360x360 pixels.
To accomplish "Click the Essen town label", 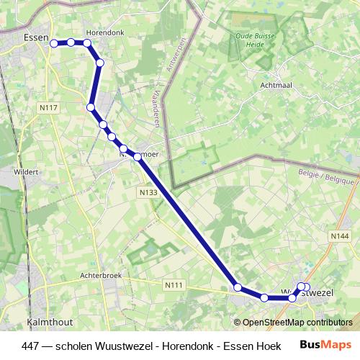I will tap(35, 37).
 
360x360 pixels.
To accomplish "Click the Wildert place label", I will tap(26, 172).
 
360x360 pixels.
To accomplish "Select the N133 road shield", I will tap(148, 193).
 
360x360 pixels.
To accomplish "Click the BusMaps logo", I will tap(325, 345).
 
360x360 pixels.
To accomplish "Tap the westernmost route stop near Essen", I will tap(54, 43).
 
